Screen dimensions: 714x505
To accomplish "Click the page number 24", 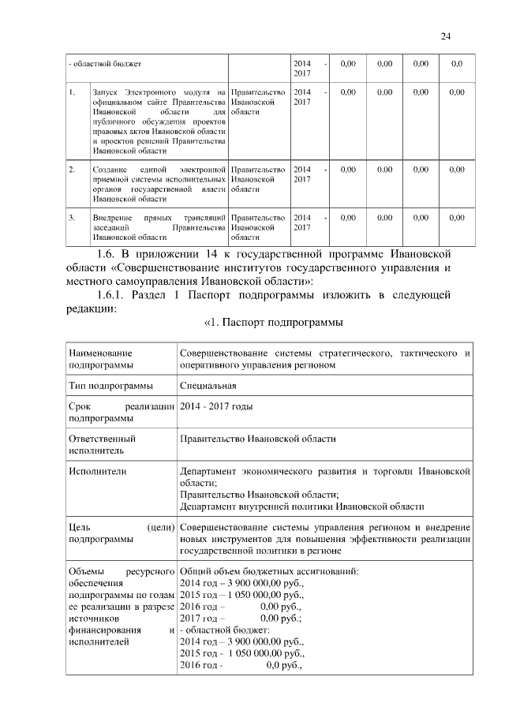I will point(445,36).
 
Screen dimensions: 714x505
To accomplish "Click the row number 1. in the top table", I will point(72,93).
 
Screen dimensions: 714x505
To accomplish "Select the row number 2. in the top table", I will point(72,170).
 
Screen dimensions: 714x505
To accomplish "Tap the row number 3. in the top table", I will point(72,217).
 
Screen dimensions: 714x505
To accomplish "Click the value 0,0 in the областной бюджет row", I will point(456,63).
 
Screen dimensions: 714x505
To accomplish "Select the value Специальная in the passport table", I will point(208,386).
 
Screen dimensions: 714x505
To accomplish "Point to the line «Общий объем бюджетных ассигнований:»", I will point(269,571).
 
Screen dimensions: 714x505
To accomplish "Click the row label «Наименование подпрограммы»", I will point(101,359).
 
